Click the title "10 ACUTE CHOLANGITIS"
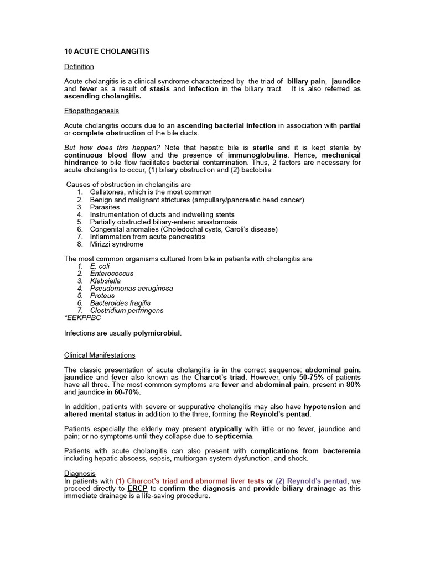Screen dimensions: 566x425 point(107,51)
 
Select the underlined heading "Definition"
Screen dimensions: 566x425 point(79,66)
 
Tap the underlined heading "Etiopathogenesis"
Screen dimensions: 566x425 point(91,111)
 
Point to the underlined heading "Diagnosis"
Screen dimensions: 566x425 point(80,474)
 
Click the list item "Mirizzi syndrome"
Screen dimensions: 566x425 point(117,244)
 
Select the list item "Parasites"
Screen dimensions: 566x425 point(105,207)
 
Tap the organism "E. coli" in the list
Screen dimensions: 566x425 point(100,266)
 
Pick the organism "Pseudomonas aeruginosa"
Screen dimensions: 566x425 point(131,288)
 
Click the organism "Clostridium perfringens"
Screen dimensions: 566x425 point(127,310)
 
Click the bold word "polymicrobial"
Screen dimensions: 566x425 point(157,333)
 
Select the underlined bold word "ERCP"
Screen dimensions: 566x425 point(137,489)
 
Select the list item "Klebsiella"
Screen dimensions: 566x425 point(105,281)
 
